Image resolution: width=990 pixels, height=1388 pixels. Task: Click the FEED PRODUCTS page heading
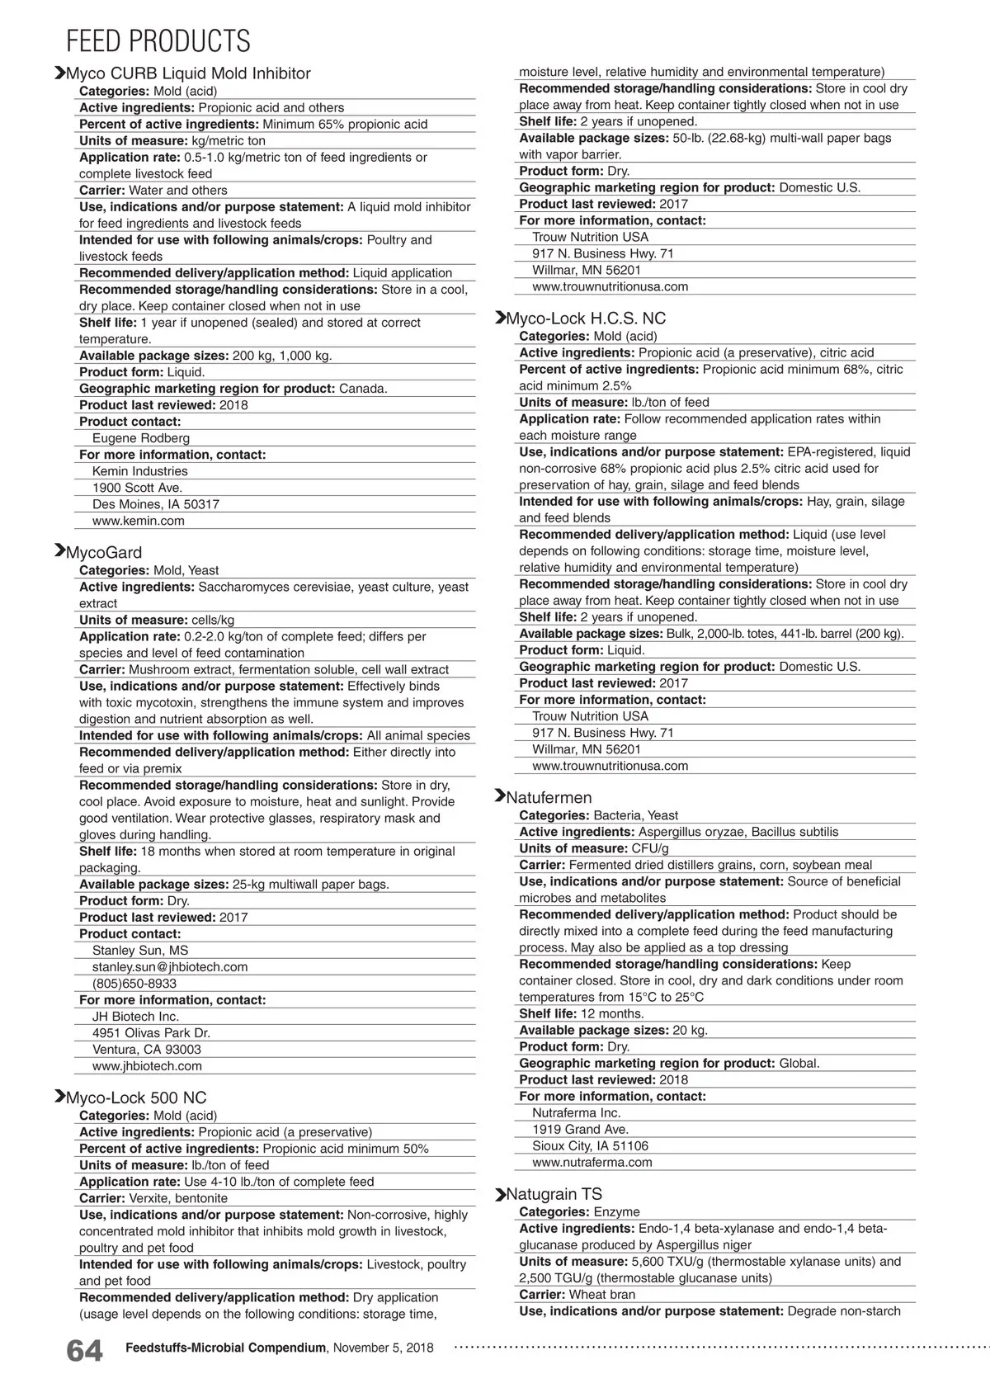click(158, 41)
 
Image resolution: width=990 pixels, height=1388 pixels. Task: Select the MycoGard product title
click(103, 553)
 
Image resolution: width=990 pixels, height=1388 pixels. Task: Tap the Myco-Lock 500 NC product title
click(135, 1098)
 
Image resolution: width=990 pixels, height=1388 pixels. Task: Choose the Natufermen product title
click(549, 798)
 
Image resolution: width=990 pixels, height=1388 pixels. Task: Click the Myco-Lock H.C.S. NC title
click(585, 319)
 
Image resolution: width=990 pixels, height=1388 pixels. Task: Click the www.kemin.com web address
click(139, 521)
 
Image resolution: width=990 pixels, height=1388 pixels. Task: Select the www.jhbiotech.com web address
click(147, 1066)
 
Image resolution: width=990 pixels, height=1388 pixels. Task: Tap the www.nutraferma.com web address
click(592, 1162)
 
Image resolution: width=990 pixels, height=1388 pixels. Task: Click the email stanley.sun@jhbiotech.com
click(170, 967)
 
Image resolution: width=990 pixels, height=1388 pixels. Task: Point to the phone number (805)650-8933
click(134, 984)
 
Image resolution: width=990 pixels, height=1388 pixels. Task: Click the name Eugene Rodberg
click(141, 438)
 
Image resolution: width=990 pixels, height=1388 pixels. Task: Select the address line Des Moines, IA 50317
click(156, 504)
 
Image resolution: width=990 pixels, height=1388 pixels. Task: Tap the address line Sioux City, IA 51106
click(591, 1145)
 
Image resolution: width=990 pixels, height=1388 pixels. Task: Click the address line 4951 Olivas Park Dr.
click(151, 1033)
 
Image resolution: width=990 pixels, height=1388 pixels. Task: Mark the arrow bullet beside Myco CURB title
click(59, 73)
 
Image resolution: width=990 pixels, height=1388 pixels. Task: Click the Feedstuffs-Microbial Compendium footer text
click(225, 1348)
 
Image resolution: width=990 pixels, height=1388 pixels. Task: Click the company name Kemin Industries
click(140, 471)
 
